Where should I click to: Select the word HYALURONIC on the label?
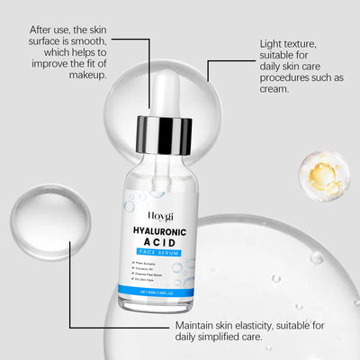coord(162,231)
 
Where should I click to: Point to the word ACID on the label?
coord(162,244)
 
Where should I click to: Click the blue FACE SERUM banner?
coord(162,255)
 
